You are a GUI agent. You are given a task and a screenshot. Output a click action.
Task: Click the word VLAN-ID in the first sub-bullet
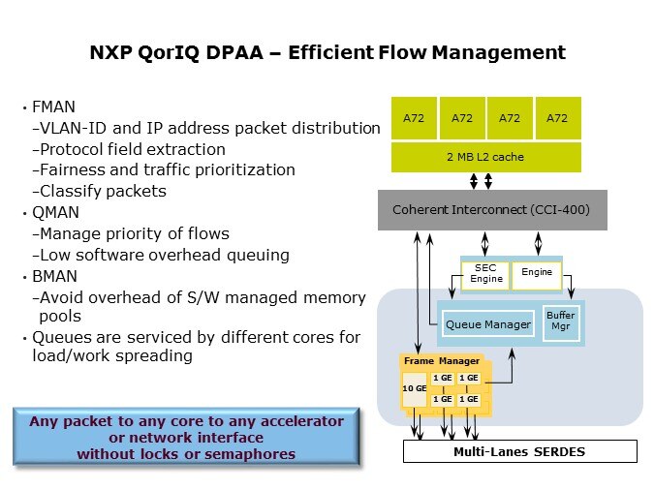point(74,128)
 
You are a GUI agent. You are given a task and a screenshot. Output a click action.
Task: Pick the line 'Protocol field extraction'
point(133,149)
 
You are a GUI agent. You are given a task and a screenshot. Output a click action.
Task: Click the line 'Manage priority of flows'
point(135,233)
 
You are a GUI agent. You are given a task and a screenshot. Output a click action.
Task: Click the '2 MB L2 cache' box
point(485,156)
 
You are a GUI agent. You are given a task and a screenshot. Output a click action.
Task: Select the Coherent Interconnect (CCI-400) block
point(491,209)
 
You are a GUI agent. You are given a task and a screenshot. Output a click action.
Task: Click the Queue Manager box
point(486,324)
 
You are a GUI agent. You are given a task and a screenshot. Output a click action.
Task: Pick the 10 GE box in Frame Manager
point(414,388)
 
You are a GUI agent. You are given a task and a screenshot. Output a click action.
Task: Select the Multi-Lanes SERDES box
point(519,452)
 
